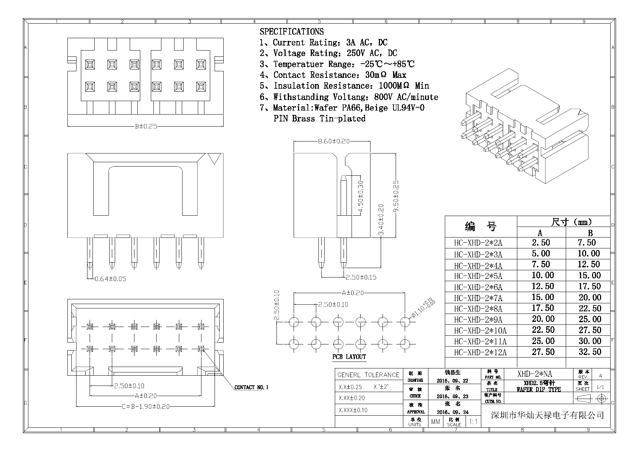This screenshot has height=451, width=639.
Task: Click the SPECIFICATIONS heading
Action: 291,32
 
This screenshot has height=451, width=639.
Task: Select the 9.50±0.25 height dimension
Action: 396,196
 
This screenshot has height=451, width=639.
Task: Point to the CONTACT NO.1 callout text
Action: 251,387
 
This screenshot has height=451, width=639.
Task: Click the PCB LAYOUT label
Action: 349,357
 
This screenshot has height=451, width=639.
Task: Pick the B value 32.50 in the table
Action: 590,352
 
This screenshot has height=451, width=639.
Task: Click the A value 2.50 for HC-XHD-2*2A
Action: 541,243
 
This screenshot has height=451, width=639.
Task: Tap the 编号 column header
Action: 481,227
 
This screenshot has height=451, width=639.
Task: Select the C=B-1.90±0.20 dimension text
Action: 145,407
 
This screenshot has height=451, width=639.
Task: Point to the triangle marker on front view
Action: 214,159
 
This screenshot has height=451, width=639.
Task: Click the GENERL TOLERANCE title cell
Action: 368,375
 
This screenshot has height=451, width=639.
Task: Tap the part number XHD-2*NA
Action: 534,374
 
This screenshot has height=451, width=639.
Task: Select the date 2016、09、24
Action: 452,412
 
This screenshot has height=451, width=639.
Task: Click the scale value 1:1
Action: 473,422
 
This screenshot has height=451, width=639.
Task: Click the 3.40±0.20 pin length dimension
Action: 381,219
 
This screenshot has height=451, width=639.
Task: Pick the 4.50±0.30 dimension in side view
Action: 361,197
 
